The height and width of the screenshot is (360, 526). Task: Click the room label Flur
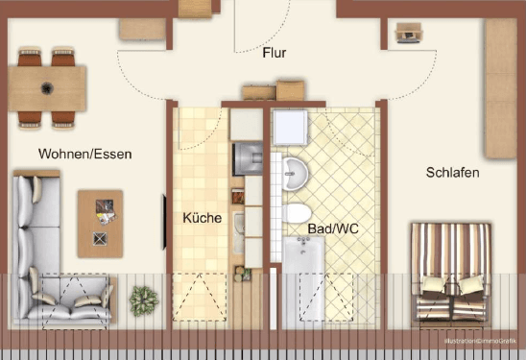click(x=275, y=53)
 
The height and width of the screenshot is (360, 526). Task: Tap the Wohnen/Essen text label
click(x=84, y=154)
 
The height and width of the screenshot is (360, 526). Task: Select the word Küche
click(x=202, y=218)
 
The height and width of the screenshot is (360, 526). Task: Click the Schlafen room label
click(x=453, y=173)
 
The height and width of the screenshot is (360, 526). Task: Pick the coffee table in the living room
click(x=100, y=223)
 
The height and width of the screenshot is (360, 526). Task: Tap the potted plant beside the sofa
click(x=143, y=301)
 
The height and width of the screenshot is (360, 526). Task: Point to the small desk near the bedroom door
click(x=408, y=35)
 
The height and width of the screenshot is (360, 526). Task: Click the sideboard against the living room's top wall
click(x=143, y=28)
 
